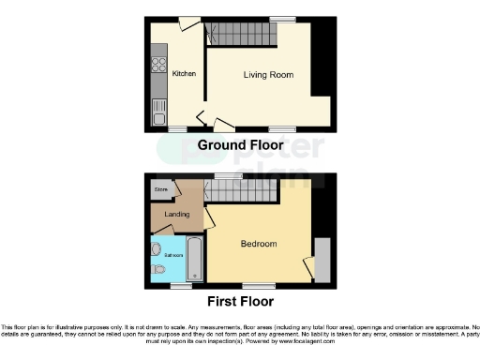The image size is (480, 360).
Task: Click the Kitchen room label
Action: click(184, 72)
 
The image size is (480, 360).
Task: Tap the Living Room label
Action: click(268, 75)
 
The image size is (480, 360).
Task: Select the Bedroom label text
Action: click(259, 244)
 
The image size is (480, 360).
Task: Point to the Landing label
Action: click(177, 215)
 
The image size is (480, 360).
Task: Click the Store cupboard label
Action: click(160, 189)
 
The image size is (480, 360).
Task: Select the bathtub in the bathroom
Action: click(194, 258)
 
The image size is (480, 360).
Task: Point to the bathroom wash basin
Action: click(156, 248)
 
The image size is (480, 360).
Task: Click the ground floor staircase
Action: click(243, 36)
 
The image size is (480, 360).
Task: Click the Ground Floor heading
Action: click(240, 144)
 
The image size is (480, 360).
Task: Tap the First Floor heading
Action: click(240, 302)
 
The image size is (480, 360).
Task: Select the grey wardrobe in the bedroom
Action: click(322, 260)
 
